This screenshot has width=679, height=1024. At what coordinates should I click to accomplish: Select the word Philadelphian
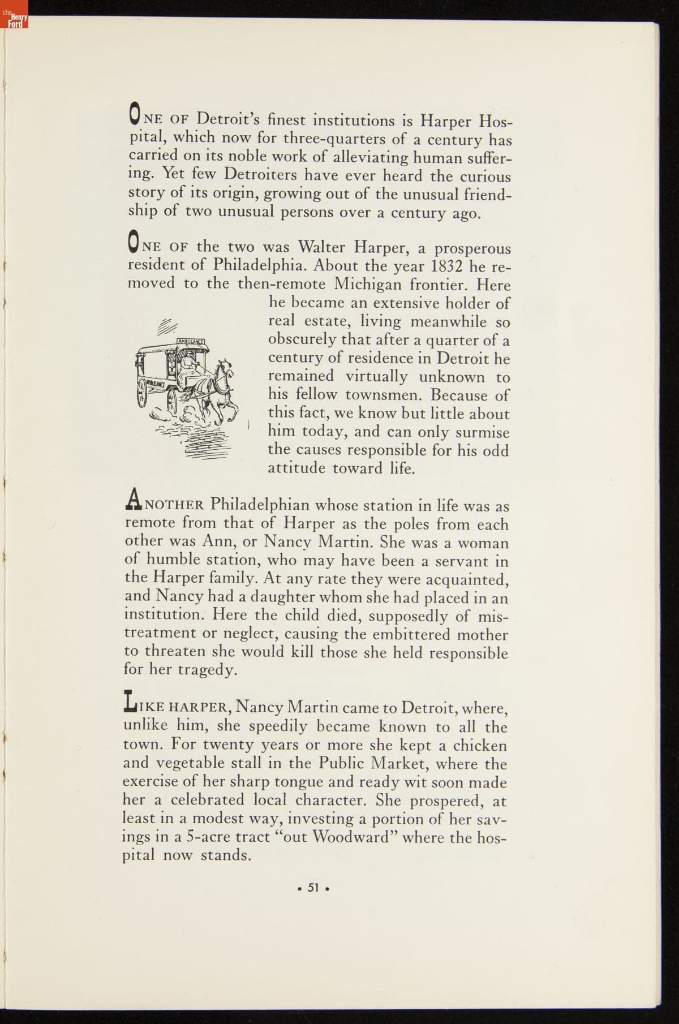[x=260, y=504]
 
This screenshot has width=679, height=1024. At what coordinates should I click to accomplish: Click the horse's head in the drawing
[x=225, y=368]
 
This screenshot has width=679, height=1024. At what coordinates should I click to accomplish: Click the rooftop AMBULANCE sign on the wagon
[x=190, y=341]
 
